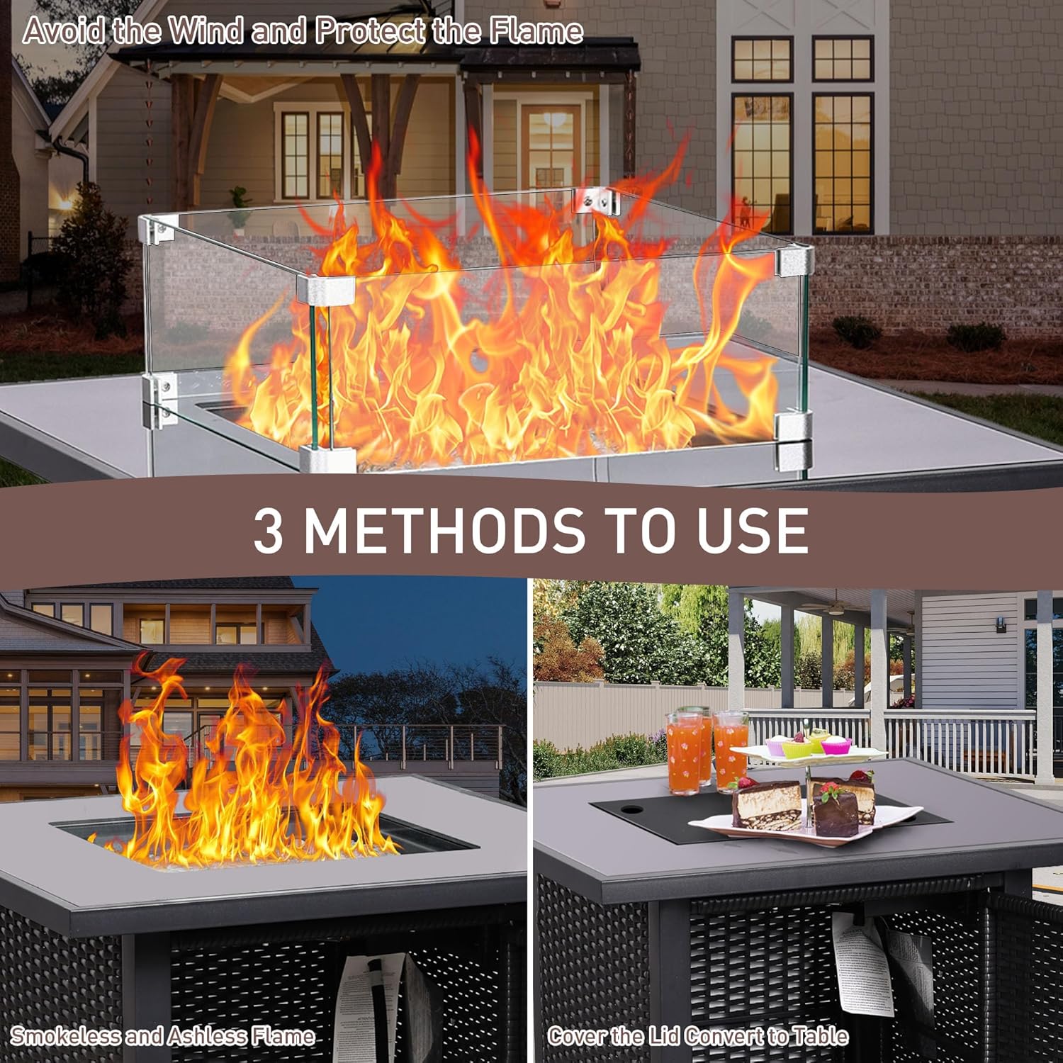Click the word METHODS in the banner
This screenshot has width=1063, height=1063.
coord(445,530)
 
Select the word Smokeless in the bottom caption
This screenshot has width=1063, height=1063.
coord(65,1036)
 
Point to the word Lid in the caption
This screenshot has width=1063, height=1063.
coord(664,1036)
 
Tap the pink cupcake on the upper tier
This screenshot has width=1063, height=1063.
coord(836,745)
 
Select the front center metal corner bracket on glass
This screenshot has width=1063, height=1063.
coord(326,288)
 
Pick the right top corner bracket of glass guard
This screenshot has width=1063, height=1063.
coord(794,261)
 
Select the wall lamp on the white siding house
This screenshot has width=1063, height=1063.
coord(1001,624)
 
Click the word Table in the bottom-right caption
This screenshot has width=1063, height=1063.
coord(821,1036)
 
